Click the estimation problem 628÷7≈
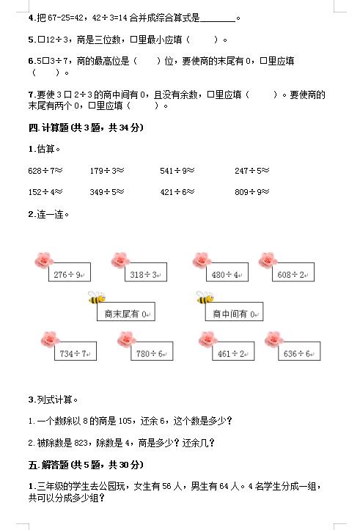[45, 171]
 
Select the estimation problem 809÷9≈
[252, 192]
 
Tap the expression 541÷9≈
[177, 171]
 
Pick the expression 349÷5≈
[107, 192]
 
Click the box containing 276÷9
[70, 272]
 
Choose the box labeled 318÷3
[146, 272]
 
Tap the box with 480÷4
[227, 272]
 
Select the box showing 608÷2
[293, 272]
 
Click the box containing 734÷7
[76, 351]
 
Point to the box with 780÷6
[152, 351]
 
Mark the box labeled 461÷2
[233, 351]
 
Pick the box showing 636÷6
[299, 351]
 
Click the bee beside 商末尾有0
[97, 297]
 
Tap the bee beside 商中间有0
[205, 297]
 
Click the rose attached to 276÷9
[44, 260]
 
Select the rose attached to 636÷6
[274, 339]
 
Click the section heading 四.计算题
[86, 128]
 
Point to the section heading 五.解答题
[86, 465]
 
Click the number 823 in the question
[81, 443]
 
